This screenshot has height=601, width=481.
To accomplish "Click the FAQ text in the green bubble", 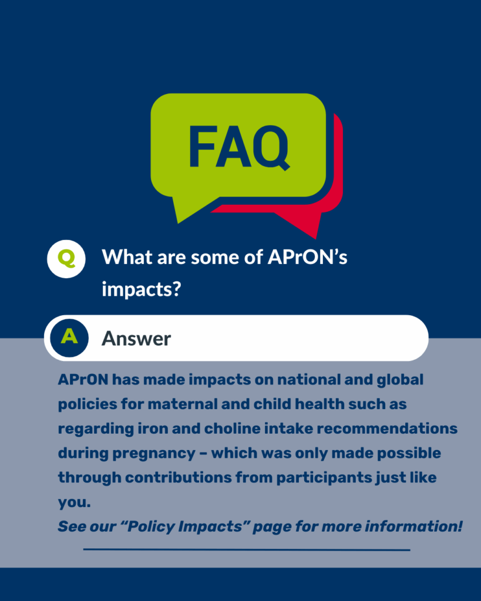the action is [238, 147].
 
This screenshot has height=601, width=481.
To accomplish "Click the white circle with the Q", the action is [66, 259].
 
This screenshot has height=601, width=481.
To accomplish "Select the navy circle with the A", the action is [69, 338].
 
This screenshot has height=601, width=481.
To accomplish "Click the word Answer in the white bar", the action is [136, 339].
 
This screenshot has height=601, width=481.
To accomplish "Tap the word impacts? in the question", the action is [141, 289].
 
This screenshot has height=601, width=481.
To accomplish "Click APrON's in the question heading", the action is [307, 257].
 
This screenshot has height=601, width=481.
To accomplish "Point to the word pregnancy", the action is [153, 454].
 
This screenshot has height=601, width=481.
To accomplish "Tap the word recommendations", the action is [387, 428].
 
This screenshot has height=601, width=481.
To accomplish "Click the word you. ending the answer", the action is [75, 503].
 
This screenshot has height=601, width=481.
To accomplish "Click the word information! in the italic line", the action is [413, 526].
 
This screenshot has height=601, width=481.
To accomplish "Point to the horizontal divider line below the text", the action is [247, 549].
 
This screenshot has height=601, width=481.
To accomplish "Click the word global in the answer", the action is [400, 380].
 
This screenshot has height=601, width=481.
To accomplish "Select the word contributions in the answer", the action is [179, 478].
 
